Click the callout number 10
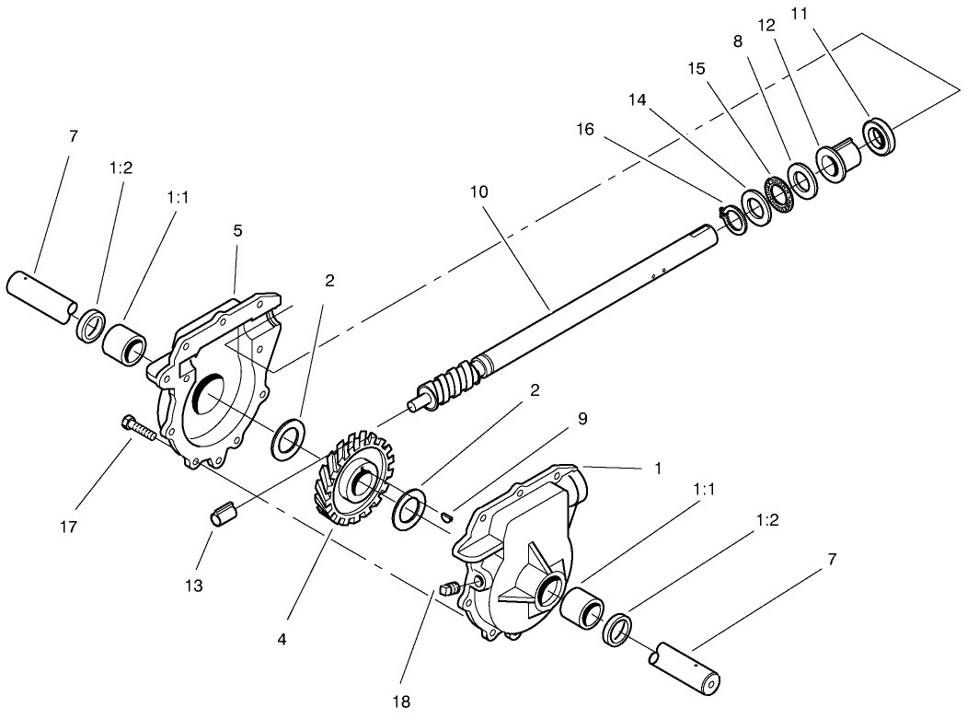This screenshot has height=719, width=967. click(x=478, y=191)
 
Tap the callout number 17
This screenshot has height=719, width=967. click(x=69, y=527)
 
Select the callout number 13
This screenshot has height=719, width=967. click(x=193, y=586)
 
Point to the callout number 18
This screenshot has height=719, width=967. click(x=401, y=702)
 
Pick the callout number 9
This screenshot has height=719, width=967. click(x=582, y=419)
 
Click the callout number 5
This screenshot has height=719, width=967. click(x=237, y=231)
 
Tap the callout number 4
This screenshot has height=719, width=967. click(x=282, y=640)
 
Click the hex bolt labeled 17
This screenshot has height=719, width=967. click(x=139, y=428)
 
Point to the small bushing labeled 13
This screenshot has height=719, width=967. click(x=223, y=514)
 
